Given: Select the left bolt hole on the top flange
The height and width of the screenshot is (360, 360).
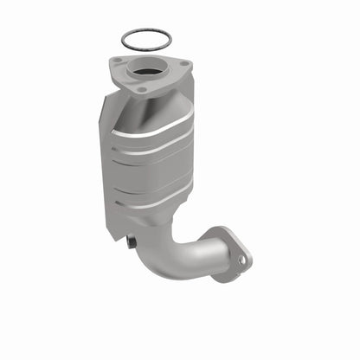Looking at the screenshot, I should [116, 61].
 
